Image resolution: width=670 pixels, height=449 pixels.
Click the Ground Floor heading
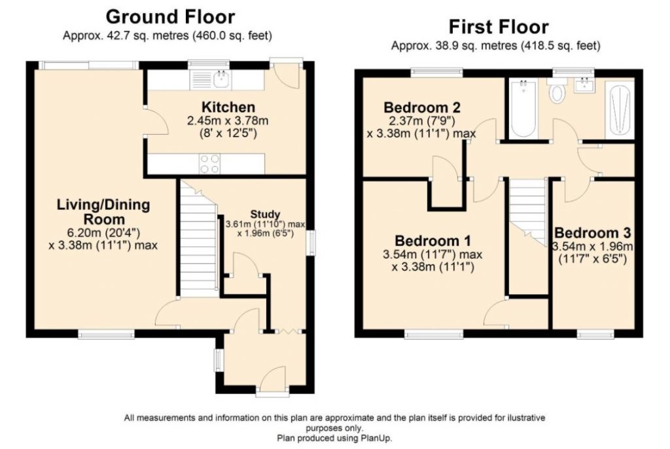point(170,16)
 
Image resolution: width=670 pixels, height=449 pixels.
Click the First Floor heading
point(498,27)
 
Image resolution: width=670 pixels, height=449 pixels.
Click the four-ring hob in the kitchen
point(209,163)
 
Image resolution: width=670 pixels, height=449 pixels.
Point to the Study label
point(264,214)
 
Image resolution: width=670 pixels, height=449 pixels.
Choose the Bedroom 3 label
point(593,233)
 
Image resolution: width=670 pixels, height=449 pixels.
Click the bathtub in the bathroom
point(523,108)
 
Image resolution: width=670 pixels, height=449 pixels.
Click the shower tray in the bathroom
point(620,109)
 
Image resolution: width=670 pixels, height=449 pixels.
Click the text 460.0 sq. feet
point(236,35)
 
